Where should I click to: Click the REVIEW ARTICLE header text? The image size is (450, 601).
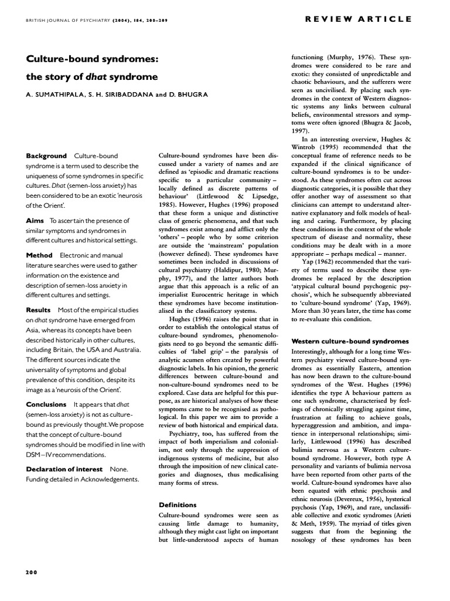(x=359, y=19)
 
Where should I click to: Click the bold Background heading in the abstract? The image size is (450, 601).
(x=46, y=156)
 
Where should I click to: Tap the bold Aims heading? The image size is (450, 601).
(x=35, y=220)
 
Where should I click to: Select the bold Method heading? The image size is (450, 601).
(x=39, y=255)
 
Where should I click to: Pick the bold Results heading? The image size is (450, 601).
(x=39, y=309)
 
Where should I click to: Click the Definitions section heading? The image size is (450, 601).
(x=178, y=504)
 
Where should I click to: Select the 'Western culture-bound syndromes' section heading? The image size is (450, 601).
(x=350, y=341)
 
